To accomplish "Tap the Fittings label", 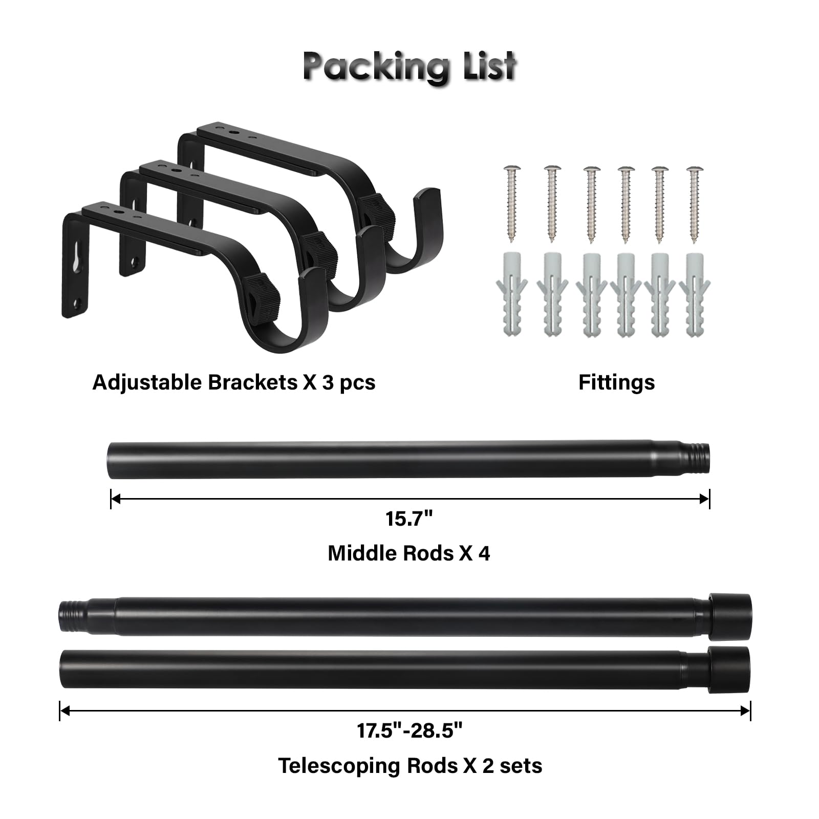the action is (x=616, y=382).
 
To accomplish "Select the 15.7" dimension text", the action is (x=409, y=519).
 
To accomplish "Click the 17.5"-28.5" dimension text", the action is (x=409, y=730).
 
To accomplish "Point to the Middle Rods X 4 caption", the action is (x=408, y=553).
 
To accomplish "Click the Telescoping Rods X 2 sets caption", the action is (x=410, y=766).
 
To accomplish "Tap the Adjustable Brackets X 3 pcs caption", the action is (x=233, y=382).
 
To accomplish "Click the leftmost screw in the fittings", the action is (x=511, y=203).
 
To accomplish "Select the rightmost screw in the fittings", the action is (x=695, y=203).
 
